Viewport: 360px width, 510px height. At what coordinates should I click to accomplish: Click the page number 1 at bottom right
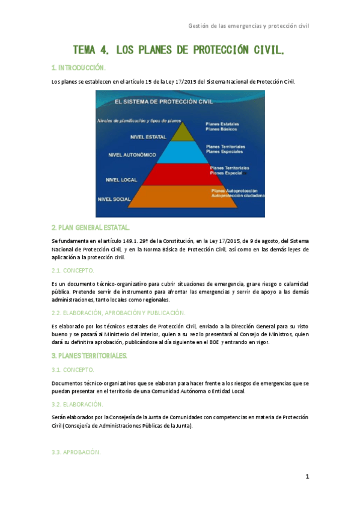point(307,477)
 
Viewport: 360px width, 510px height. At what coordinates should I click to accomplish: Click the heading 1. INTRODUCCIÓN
point(79,67)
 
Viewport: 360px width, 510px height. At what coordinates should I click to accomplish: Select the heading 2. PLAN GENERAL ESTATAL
point(90,228)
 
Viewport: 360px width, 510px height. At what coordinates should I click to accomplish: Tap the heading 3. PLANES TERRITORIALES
point(90,356)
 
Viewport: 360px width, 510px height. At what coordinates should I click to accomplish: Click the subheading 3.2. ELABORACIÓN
point(78,404)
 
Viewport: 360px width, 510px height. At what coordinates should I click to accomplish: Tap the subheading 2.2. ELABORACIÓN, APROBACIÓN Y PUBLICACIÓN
point(118,313)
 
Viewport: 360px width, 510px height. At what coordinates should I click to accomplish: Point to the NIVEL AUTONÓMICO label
point(132,155)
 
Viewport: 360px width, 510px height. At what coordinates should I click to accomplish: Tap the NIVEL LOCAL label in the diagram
point(121,179)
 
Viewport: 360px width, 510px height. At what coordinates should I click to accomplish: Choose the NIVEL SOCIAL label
point(114,198)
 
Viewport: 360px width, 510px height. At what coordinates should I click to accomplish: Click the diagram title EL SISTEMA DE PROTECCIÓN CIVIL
point(155,102)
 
